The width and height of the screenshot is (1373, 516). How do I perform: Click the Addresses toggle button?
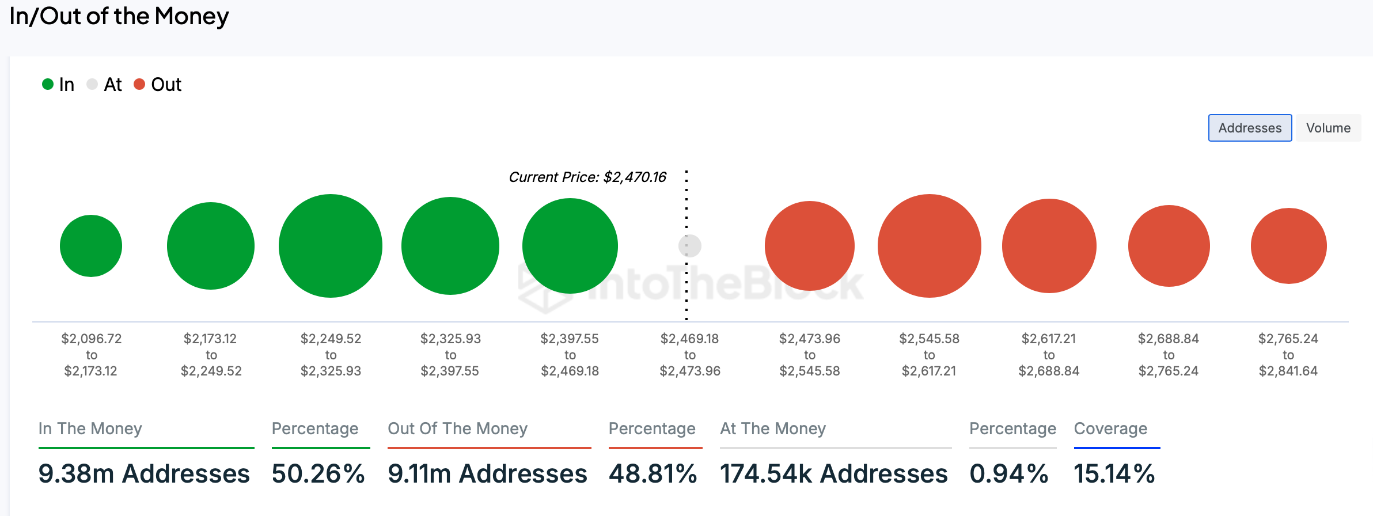click(1250, 128)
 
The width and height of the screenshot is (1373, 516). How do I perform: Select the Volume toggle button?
click(1328, 128)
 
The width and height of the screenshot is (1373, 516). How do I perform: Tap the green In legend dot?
click(48, 85)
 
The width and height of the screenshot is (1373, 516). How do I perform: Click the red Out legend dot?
click(139, 85)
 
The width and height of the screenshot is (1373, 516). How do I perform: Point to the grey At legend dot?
click(92, 85)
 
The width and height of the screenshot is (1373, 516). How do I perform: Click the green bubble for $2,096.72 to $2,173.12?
click(91, 246)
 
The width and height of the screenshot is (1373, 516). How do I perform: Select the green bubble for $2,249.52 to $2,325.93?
click(331, 246)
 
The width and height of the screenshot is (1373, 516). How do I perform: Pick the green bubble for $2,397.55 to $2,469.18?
click(570, 246)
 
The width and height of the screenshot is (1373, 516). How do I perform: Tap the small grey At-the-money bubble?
click(690, 246)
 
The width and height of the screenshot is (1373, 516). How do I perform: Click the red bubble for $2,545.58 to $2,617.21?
click(930, 246)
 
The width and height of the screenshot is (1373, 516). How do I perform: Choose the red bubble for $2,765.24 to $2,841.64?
click(1289, 246)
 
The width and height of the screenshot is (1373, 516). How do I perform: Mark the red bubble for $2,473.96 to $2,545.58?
click(810, 246)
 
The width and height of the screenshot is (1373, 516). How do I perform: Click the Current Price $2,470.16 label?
click(587, 177)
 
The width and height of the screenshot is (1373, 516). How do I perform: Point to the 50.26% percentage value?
click(318, 474)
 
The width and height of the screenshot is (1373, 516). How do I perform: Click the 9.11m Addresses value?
click(487, 474)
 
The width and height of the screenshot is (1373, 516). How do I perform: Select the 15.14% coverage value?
click(1114, 474)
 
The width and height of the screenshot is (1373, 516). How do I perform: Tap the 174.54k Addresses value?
click(834, 474)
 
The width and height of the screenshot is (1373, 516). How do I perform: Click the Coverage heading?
click(1110, 428)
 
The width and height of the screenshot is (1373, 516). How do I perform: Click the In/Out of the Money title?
click(119, 16)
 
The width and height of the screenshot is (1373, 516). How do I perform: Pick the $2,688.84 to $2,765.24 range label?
click(1169, 355)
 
